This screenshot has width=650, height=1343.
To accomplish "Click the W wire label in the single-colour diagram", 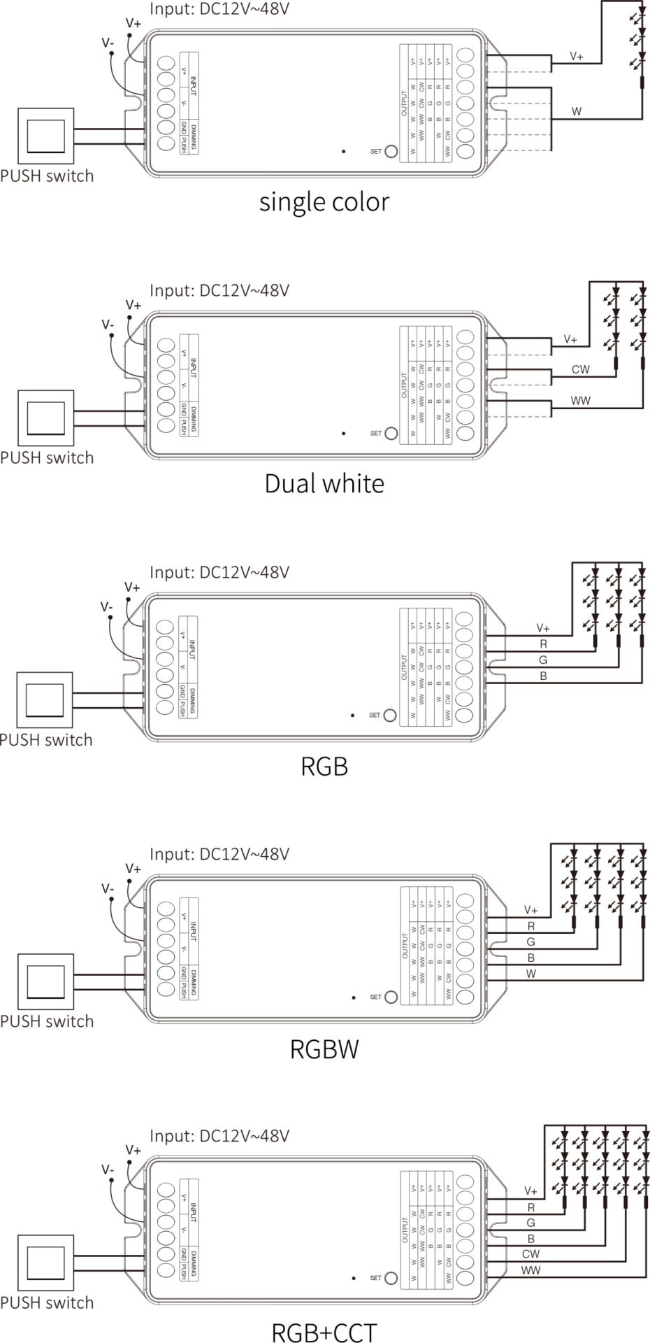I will point(577,111).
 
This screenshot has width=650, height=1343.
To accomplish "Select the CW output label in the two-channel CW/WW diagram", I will point(581,369).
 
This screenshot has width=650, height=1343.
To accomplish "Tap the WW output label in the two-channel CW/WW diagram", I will point(581,400).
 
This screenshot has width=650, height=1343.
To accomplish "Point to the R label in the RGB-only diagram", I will point(543,644).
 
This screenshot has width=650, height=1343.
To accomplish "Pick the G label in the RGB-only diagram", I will point(543,660).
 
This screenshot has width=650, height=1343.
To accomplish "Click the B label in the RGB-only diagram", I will point(543,676).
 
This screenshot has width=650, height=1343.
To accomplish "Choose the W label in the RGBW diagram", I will point(532,973).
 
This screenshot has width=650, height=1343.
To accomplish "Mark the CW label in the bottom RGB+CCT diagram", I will point(531,1253).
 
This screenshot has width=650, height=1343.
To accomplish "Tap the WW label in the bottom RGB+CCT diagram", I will point(531,1270).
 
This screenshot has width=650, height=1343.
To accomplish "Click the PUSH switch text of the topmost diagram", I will point(47,176).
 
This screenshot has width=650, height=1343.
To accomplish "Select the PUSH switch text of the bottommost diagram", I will point(47,1302).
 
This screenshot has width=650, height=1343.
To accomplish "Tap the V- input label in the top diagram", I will point(108,43).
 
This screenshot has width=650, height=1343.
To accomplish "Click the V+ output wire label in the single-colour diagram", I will point(577,56).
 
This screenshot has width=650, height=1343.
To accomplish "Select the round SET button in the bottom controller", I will point(391,1277).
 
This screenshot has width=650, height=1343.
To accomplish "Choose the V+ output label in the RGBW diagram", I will point(532,909).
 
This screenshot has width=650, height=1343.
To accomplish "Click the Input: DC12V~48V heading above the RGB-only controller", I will point(220,572).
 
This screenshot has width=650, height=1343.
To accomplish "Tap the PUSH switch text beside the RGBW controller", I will point(47,1021).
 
